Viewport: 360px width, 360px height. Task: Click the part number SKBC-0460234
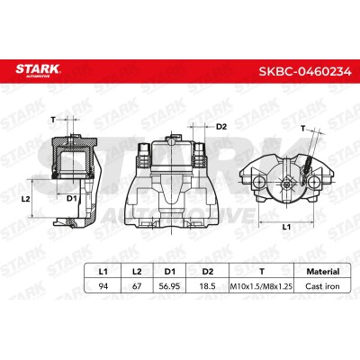(x=305, y=72)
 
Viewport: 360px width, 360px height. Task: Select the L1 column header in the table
(x=103, y=272)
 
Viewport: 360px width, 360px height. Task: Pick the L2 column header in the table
(x=137, y=272)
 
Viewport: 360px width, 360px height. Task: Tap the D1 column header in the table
(x=170, y=272)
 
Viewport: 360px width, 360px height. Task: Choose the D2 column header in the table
(x=208, y=272)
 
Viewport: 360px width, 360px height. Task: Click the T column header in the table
(x=262, y=272)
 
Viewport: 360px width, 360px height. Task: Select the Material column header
(x=323, y=272)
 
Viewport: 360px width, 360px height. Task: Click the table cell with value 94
(x=103, y=286)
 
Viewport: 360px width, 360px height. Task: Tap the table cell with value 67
(x=137, y=286)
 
